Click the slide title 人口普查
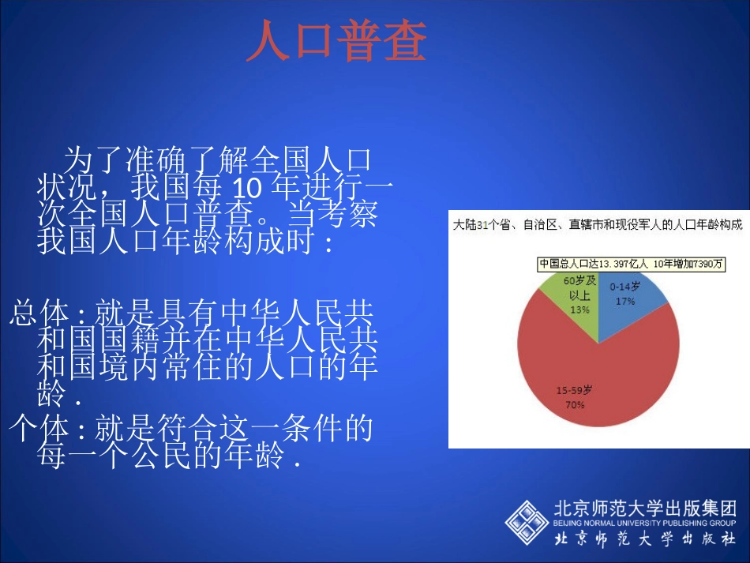(336, 42)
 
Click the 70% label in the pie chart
(574, 404)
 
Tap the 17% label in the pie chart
(626, 301)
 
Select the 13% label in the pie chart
(579, 310)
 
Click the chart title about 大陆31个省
(597, 225)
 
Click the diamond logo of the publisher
(527, 523)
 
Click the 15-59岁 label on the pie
(574, 390)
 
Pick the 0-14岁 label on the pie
(625, 287)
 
